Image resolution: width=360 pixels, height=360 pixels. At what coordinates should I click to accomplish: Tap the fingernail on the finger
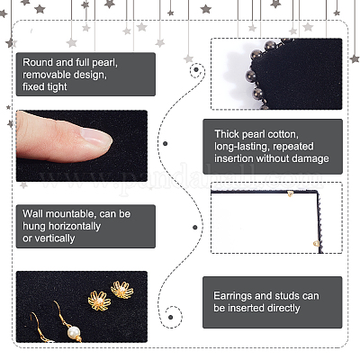click(95, 137)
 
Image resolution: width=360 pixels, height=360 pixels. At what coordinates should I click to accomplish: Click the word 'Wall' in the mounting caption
click(32, 213)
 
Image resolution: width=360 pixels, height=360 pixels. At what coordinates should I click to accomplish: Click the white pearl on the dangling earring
click(74, 332)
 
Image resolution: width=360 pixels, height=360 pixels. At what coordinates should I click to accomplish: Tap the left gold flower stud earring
click(99, 301)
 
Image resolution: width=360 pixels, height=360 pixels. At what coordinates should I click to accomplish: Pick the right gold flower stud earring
click(121, 289)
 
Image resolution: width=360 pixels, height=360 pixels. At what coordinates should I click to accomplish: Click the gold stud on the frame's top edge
click(290, 193)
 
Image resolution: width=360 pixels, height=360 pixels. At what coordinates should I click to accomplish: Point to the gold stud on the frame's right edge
click(315, 244)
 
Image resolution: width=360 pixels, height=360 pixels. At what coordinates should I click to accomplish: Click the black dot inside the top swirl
click(196, 69)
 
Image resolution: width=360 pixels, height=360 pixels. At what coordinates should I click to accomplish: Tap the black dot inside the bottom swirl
click(171, 317)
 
